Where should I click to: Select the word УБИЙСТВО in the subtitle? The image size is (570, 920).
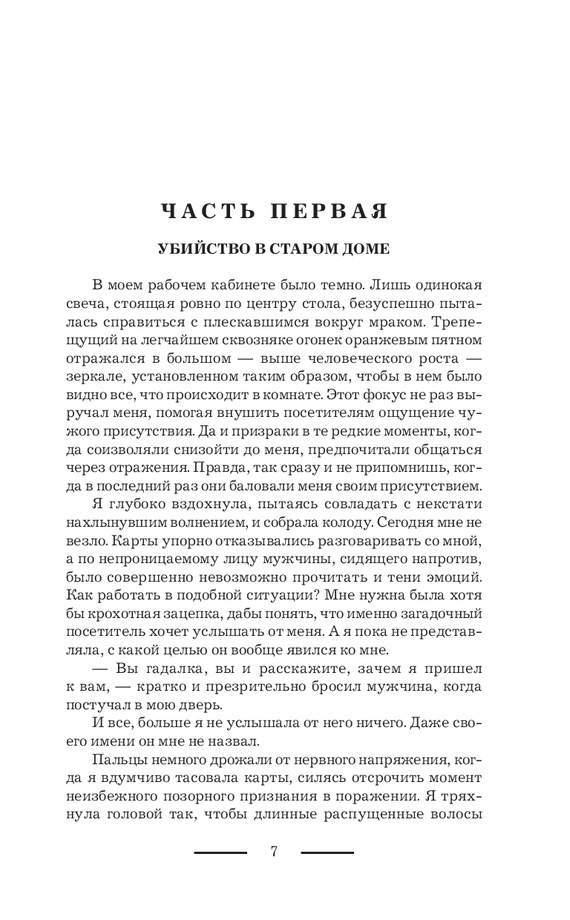click(x=199, y=249)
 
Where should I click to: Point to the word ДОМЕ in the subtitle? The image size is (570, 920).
click(x=364, y=249)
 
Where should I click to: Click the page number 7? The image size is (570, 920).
click(x=274, y=852)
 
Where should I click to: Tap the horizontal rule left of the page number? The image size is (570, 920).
click(x=220, y=852)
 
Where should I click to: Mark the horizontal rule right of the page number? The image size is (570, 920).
click(x=327, y=852)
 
